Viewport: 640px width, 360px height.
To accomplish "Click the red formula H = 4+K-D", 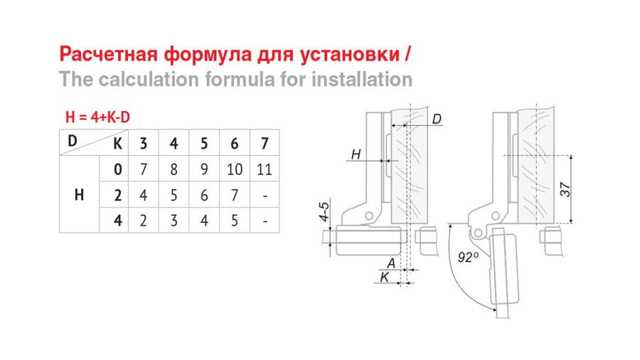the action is click(97, 117).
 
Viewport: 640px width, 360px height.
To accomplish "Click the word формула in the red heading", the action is click(208, 54).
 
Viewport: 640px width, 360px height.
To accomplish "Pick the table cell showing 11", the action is click(265, 169).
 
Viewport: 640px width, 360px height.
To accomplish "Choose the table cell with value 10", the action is click(234, 169).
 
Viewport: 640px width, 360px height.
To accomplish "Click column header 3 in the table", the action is click(143, 144).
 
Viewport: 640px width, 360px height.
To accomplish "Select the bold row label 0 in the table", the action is click(117, 169).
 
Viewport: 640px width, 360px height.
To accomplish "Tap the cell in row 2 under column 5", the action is click(204, 196).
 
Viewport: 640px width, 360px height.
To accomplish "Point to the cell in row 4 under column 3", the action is click(143, 221).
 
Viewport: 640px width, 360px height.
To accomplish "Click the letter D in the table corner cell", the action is click(73, 141).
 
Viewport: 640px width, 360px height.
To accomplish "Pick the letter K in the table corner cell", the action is click(117, 144).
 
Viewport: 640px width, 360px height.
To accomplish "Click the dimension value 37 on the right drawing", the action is click(565, 189).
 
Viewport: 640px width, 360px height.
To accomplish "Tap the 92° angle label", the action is click(468, 257).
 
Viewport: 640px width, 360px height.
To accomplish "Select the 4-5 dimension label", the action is click(324, 211).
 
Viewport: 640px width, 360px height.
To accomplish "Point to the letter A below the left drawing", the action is click(391, 264).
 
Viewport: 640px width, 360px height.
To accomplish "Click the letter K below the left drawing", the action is click(385, 277).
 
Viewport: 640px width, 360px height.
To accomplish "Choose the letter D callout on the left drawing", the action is click(437, 120).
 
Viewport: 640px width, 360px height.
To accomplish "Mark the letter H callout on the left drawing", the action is click(356, 154).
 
